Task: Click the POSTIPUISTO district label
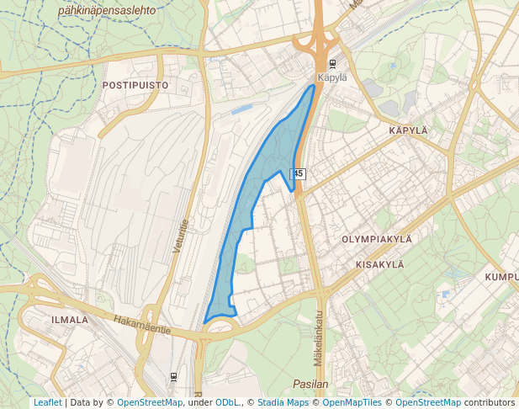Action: [135, 85]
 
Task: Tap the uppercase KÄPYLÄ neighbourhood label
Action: [409, 130]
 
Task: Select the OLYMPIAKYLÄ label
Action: [377, 239]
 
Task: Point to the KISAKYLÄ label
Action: [380, 264]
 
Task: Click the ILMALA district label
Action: [70, 320]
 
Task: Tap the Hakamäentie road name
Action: [141, 323]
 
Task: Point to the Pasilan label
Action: [311, 384]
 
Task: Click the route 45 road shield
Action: [299, 173]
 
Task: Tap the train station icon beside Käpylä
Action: [333, 64]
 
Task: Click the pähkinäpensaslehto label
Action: [108, 11]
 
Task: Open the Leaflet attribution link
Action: [47, 402]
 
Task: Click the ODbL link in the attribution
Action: [227, 402]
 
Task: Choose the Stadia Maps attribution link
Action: [283, 402]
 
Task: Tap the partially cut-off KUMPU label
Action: [501, 277]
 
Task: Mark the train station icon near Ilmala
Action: [173, 375]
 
